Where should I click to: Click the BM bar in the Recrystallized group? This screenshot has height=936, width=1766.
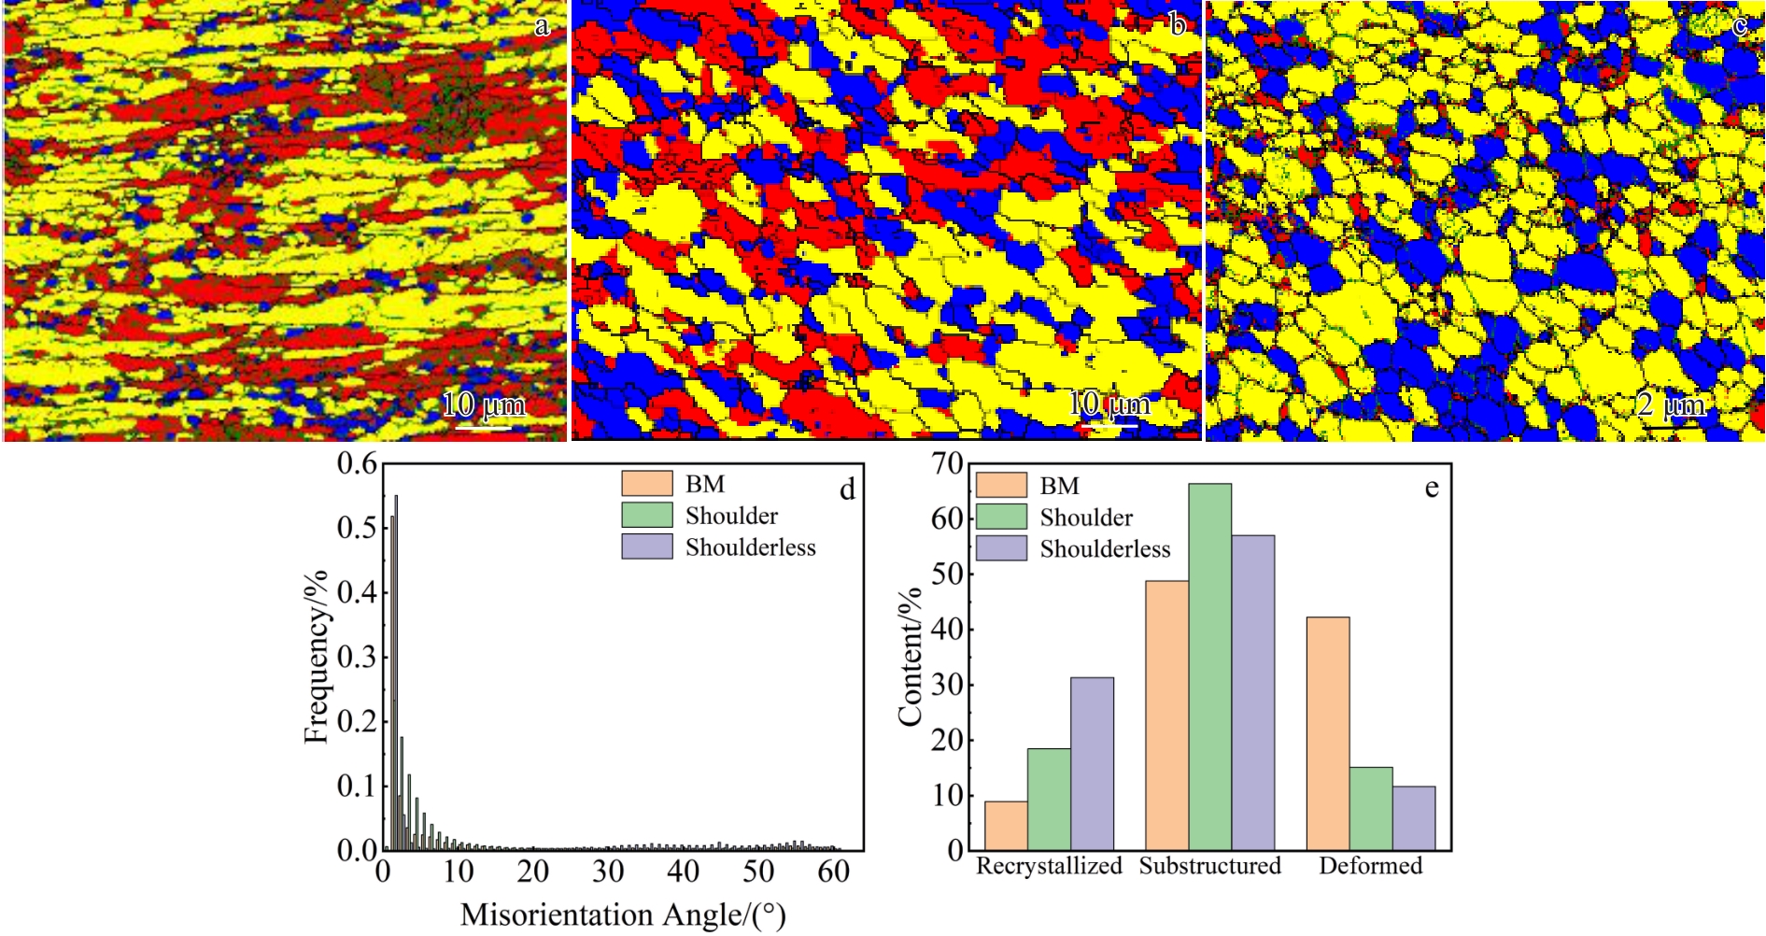tap(1006, 826)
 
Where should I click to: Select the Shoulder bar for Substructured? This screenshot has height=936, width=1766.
tap(1209, 667)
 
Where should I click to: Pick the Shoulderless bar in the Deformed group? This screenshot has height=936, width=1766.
tap(1414, 818)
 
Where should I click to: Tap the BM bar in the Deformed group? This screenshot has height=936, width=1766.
tap(1328, 733)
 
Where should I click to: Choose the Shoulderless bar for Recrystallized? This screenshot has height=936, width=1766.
tap(1092, 763)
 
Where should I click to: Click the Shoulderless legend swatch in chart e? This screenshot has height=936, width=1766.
tap(1001, 548)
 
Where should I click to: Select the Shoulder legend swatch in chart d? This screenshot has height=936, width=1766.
tap(646, 515)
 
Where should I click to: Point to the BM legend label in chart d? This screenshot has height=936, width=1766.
tap(704, 484)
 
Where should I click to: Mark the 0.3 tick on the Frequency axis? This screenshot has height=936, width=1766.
tap(357, 657)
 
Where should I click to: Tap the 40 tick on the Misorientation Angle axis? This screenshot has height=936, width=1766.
tap(684, 872)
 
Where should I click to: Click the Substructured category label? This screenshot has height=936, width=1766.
tap(1209, 866)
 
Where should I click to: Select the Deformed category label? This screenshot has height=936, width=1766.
tap(1370, 866)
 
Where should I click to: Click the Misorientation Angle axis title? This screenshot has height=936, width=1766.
tap(623, 915)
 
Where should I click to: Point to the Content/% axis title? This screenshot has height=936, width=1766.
tap(910, 656)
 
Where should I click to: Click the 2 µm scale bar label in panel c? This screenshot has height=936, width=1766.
tap(1671, 404)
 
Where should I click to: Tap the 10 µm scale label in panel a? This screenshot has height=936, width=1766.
tap(483, 404)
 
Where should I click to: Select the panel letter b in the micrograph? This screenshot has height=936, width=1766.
tap(1178, 25)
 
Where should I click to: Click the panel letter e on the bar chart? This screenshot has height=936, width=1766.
tap(1432, 488)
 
